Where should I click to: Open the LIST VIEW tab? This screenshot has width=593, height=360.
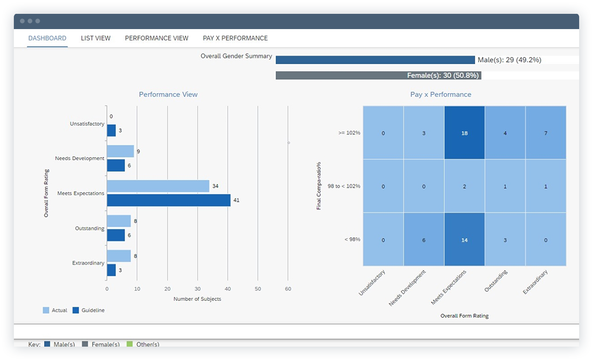[x=96, y=38]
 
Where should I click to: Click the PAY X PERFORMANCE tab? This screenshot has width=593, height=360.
[x=235, y=38]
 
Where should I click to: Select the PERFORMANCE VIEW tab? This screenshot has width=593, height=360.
[x=157, y=38]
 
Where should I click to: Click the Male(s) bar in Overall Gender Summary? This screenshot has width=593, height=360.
[x=375, y=60]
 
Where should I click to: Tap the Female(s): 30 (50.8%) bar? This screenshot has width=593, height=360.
[x=378, y=75]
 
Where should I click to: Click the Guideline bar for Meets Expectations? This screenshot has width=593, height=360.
[x=169, y=200]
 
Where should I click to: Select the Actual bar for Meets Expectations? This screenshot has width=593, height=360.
[x=158, y=186]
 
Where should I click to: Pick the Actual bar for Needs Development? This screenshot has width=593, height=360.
[x=120, y=151]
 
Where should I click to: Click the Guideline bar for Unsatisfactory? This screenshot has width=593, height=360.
[x=111, y=131]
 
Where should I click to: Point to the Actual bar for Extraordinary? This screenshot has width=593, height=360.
[x=119, y=256]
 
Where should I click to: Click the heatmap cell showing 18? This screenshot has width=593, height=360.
[x=464, y=133]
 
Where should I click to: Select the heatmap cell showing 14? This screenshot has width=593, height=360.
[x=464, y=240]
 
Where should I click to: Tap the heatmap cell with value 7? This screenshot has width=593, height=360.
[x=545, y=133]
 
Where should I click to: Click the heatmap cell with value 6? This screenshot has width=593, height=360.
[x=424, y=240]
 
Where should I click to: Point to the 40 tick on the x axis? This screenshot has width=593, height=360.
[x=228, y=289]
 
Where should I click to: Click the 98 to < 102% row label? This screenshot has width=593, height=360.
[x=344, y=186]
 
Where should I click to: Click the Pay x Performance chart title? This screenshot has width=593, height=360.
[x=441, y=95]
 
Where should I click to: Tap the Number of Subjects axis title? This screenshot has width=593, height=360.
[x=197, y=299]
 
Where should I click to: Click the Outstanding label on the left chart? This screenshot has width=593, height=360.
[x=90, y=228]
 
